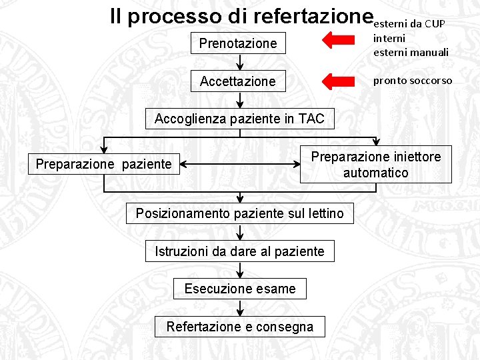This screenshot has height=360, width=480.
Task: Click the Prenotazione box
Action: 238,43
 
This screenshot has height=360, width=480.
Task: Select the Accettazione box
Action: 238,81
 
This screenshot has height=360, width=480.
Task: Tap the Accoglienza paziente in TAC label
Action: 239,119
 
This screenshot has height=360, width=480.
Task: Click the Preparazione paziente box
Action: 103,164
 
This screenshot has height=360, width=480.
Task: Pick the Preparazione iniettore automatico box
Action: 375,165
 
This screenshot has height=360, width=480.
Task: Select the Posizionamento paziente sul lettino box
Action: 240,213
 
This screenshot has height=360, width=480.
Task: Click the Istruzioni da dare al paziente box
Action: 240,251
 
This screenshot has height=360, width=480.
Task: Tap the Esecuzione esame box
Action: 240,289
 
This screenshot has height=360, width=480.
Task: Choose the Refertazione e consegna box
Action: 240,327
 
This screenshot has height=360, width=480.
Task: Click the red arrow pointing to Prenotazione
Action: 338,41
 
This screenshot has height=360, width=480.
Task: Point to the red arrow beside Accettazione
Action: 338,81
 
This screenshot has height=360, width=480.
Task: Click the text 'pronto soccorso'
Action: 412,81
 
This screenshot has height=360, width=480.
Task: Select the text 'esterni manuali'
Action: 411,52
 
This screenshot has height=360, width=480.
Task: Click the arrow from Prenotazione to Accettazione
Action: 240,62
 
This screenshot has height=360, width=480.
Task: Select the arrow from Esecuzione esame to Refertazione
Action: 240,307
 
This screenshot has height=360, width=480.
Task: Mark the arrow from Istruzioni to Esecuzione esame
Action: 240,270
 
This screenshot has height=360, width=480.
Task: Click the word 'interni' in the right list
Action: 389,39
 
